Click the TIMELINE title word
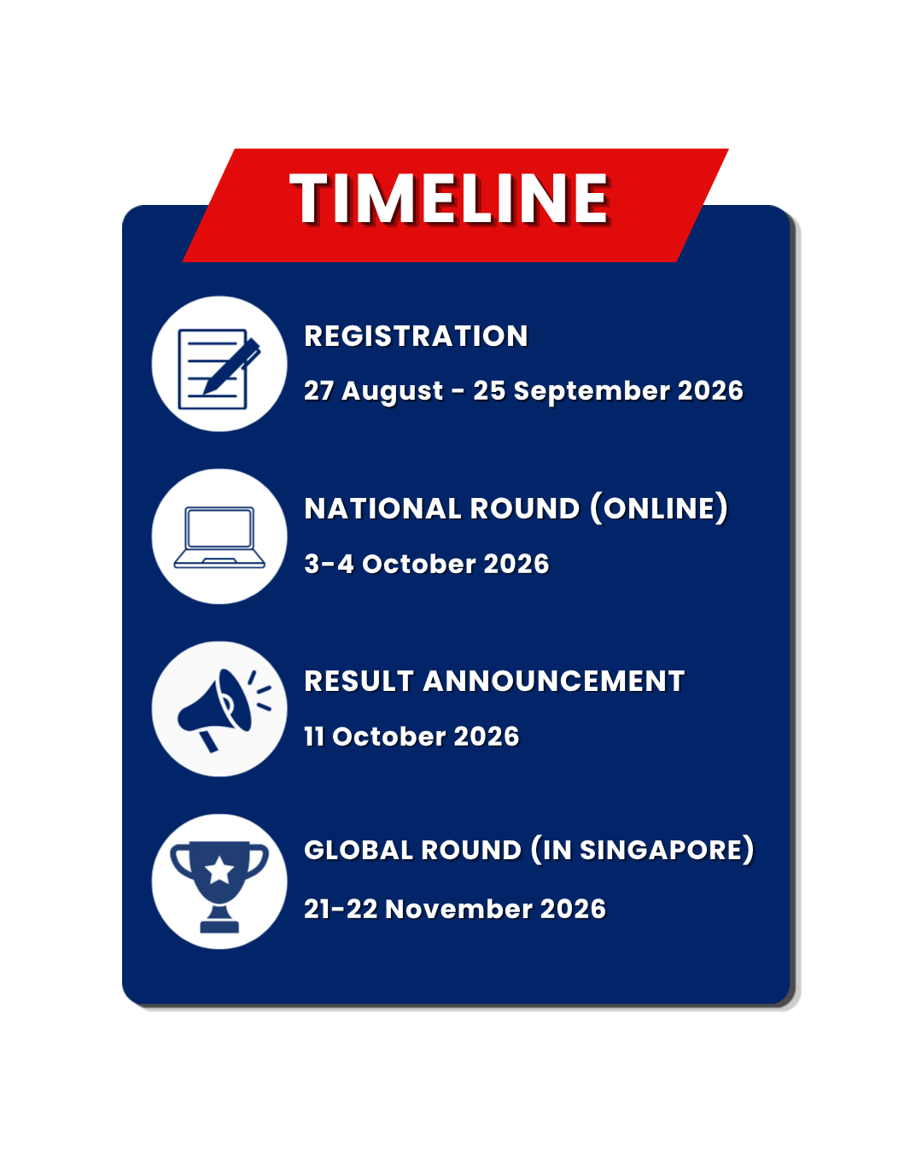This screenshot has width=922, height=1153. (449, 197)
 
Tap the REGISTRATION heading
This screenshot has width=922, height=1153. (416, 336)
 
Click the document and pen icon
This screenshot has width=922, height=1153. (219, 369)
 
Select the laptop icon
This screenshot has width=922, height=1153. (219, 537)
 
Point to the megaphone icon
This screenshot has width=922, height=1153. (224, 710)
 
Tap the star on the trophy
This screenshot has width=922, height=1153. (219, 870)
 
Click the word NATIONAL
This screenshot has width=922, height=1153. (382, 508)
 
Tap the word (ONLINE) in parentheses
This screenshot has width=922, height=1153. (659, 508)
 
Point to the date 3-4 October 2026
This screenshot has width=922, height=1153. (427, 564)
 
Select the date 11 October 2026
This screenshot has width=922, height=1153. (411, 736)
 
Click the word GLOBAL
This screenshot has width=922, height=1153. (359, 851)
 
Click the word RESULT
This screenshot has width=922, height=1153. (359, 681)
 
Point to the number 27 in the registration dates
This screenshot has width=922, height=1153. (318, 390)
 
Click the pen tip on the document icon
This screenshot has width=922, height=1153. (205, 392)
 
